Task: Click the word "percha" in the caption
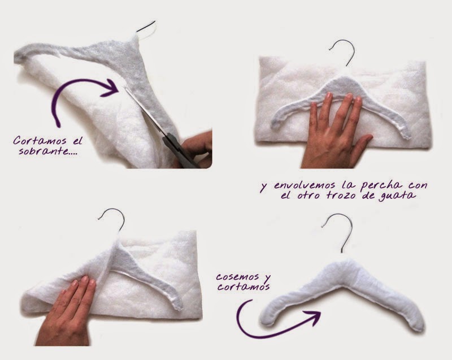click(381, 185)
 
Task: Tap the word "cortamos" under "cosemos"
click(244, 287)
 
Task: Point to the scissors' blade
click(146, 110)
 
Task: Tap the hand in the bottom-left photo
click(66, 311)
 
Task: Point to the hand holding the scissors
click(196, 149)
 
